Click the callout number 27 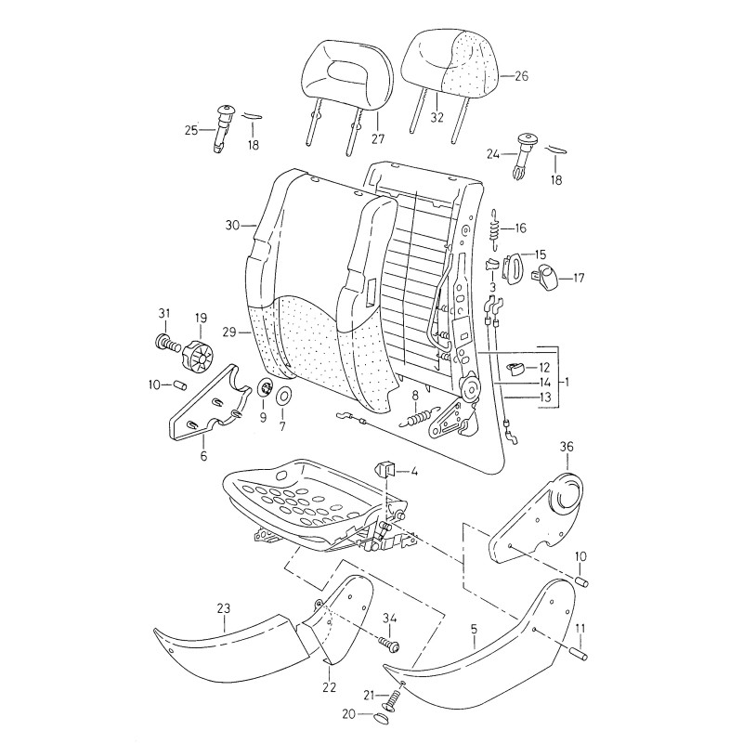[x=378, y=140]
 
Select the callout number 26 [x=520, y=77]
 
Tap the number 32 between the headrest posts [x=437, y=118]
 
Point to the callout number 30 [x=232, y=225]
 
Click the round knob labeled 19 [x=198, y=354]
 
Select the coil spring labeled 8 [x=424, y=418]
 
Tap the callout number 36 [x=567, y=447]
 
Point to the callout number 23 [x=223, y=608]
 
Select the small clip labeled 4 [x=386, y=467]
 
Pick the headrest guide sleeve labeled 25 [x=223, y=128]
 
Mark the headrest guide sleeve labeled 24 [x=524, y=153]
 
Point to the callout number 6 [x=203, y=456]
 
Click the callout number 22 [x=328, y=687]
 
